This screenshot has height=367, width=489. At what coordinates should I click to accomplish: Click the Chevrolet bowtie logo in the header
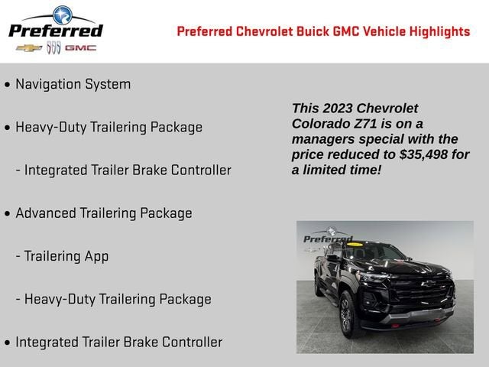(x=30, y=47)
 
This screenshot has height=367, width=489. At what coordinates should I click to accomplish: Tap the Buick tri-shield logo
(x=53, y=47)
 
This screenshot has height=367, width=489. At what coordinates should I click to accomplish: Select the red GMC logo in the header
(x=80, y=47)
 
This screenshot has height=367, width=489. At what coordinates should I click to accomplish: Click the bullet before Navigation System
(x=8, y=85)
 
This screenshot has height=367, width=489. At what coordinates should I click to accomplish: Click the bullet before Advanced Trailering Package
(x=8, y=214)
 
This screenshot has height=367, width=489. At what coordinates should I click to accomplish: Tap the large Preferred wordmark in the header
(x=55, y=31)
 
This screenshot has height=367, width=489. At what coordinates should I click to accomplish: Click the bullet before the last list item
(x=8, y=343)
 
